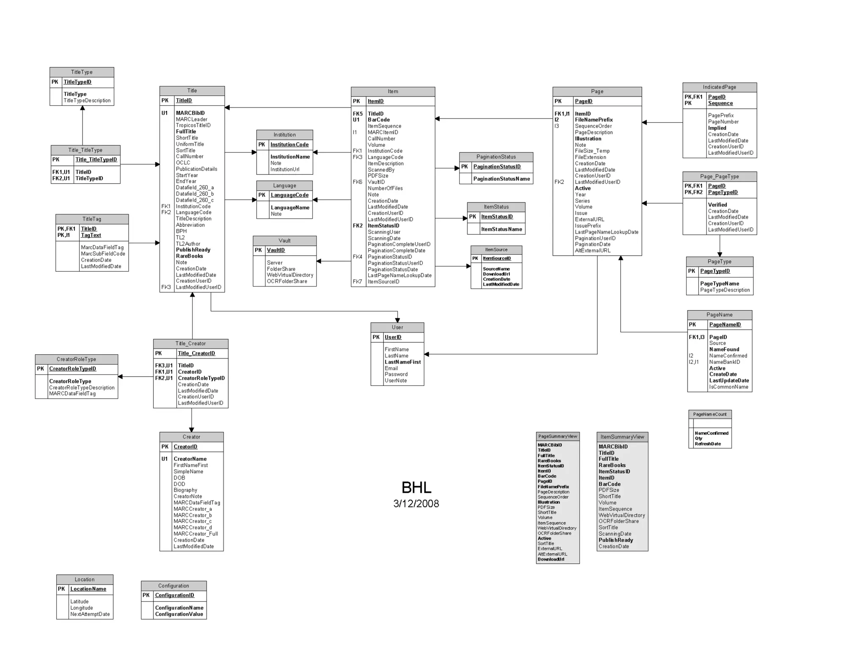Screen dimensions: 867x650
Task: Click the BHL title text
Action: pos(416,487)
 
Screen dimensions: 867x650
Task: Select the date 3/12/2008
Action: pos(416,504)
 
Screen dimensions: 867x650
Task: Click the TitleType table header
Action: pos(82,72)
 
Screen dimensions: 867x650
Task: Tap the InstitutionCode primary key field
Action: pos(290,145)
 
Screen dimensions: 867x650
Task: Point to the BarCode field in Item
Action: pos(378,120)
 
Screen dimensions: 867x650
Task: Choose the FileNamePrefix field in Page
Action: pos(594,120)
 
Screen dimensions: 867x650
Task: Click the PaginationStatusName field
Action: pos(501,179)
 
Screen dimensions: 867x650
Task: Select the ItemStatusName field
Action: pos(501,229)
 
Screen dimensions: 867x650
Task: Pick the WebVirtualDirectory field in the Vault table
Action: pos(290,275)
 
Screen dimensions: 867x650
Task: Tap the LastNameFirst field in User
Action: pos(403,362)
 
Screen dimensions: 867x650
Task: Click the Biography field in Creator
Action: pos(185,490)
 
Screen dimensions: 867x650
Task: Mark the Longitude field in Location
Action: pos(81,608)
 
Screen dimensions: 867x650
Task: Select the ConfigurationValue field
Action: pos(179,614)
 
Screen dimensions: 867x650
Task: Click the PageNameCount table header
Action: pos(710,414)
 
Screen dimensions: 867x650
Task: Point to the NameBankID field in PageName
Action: pos(725,362)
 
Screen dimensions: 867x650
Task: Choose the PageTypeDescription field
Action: pos(725,290)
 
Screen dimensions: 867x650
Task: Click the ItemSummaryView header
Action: pos(622,437)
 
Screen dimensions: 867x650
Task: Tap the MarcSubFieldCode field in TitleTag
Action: pos(103,254)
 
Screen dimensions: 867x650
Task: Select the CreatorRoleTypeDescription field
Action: pos(82,388)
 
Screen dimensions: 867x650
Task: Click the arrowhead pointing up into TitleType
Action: pos(83,108)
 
